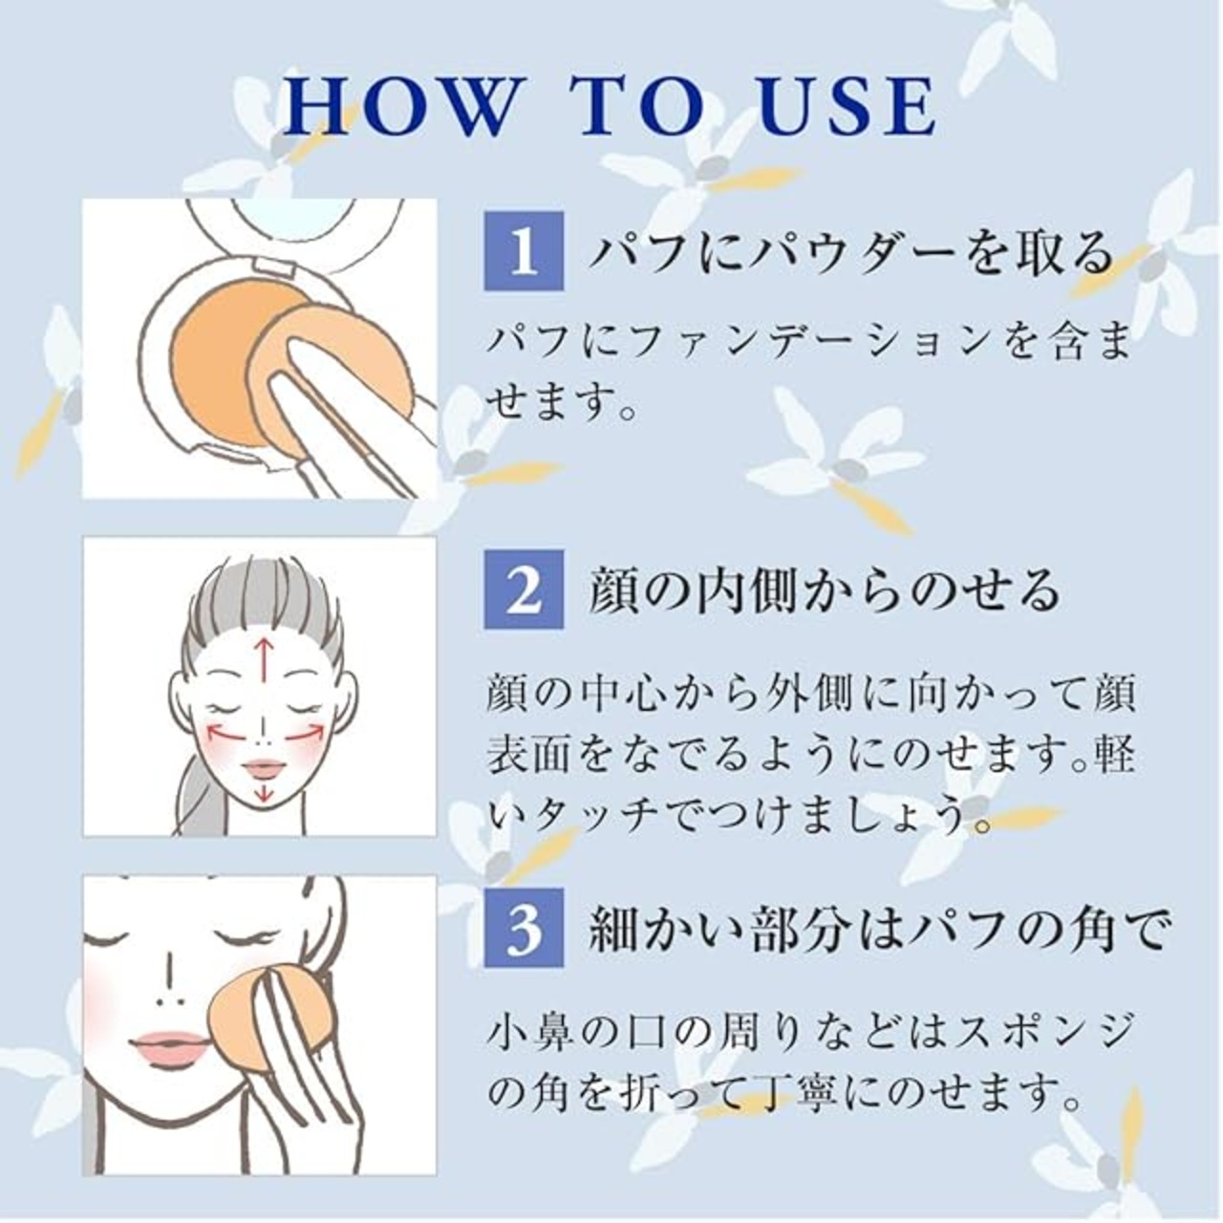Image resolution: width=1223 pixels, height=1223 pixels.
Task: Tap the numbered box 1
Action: (524, 251)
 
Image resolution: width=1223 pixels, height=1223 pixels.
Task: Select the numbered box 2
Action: (524, 589)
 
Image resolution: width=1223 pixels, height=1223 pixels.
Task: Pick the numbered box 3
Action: (524, 927)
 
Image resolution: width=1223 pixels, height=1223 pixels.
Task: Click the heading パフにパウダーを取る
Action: (851, 252)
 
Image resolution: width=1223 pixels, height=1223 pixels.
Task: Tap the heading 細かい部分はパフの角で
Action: (877, 929)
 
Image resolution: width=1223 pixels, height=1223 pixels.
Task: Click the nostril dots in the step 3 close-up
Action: (169, 1002)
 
